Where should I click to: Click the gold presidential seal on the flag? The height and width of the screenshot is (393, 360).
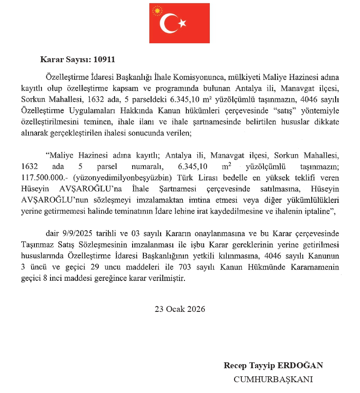click(x=157, y=10)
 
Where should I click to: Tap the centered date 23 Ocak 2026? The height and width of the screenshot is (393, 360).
click(x=180, y=309)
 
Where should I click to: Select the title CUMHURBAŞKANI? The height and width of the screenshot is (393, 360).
click(x=273, y=379)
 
